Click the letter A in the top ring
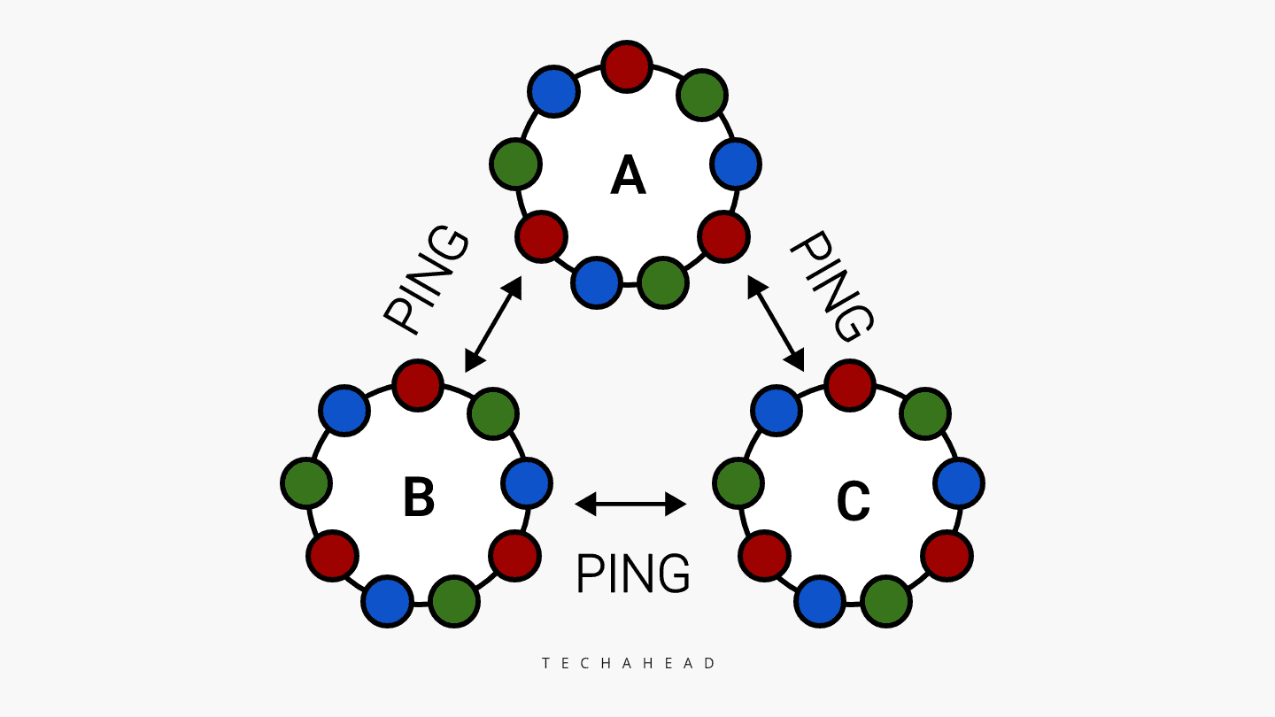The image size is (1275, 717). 628,175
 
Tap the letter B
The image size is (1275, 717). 419,497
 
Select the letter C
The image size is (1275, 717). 853,501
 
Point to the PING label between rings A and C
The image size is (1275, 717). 831,286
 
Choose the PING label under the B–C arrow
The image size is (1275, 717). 632,574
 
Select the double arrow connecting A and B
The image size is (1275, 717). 493,323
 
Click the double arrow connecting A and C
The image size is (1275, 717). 776,323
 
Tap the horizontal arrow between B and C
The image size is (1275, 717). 630,504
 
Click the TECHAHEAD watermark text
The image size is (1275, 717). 630,663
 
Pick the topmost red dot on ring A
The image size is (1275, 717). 627,66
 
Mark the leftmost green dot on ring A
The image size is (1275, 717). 515,164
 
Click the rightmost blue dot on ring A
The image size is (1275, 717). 736,164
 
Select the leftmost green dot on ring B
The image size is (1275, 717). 306,483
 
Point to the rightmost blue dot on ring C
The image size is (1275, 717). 959,483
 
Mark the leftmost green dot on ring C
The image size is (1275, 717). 738,483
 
